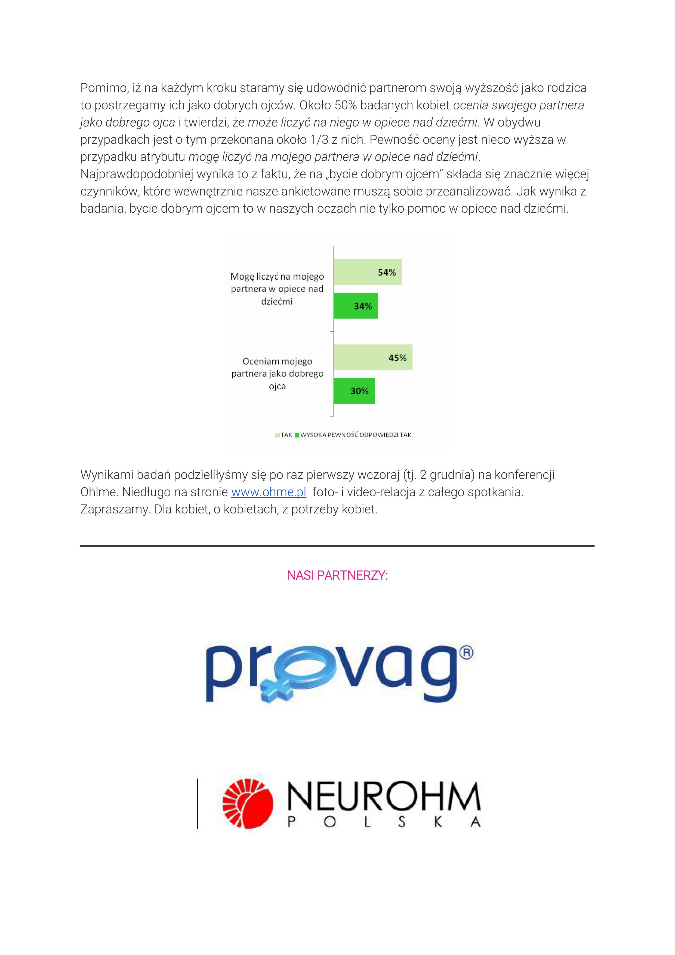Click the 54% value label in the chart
pyautogui.click(x=387, y=273)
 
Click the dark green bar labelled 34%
pyautogui.click(x=355, y=306)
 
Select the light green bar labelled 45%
pyautogui.click(x=373, y=357)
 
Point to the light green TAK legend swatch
pyautogui.click(x=277, y=435)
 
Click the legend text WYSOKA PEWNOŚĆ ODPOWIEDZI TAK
pyautogui.click(x=356, y=435)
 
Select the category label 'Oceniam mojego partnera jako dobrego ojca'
pyautogui.click(x=277, y=374)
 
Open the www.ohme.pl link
pyautogui.click(x=269, y=492)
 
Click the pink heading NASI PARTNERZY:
pyautogui.click(x=337, y=576)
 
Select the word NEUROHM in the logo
pyautogui.click(x=383, y=797)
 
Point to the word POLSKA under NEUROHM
pyautogui.click(x=383, y=822)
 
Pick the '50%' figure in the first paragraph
pyautogui.click(x=346, y=105)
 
